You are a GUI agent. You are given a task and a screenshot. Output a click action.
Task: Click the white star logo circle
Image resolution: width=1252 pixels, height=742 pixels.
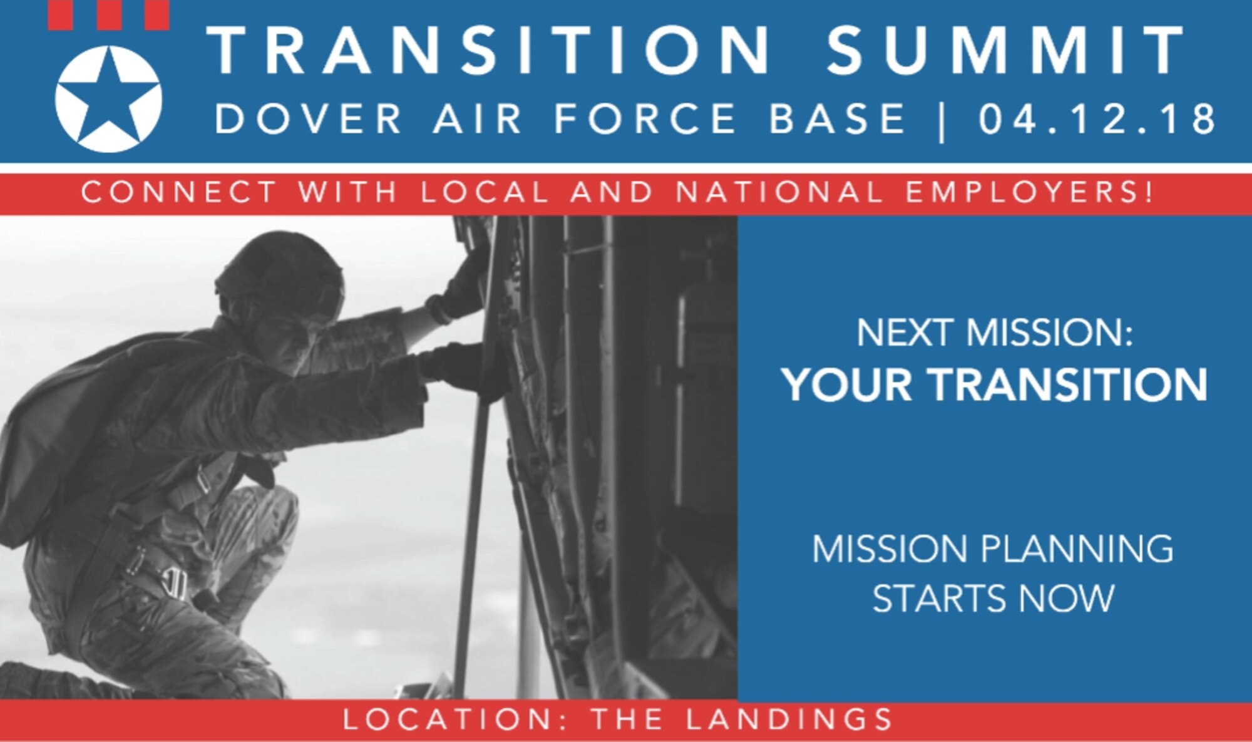108,99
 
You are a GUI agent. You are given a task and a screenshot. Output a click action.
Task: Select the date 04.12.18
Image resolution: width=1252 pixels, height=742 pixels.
1097,119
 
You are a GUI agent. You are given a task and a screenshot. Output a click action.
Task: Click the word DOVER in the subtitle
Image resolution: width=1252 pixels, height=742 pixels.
309,119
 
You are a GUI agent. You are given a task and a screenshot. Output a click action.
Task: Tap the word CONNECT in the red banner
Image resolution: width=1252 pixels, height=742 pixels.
179,192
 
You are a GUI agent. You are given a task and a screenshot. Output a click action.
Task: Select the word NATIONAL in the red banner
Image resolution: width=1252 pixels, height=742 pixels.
779,192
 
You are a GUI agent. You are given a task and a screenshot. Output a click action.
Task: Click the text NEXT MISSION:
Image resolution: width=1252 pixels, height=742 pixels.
994,332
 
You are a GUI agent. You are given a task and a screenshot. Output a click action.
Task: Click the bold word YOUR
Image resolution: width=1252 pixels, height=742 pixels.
846,384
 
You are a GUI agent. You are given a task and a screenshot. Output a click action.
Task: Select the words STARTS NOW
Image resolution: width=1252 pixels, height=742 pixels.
993,598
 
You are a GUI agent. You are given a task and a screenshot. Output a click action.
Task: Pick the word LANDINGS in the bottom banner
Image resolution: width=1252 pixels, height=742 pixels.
790,719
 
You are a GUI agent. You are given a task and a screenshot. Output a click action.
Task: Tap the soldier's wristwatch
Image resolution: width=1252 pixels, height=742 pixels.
438,309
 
